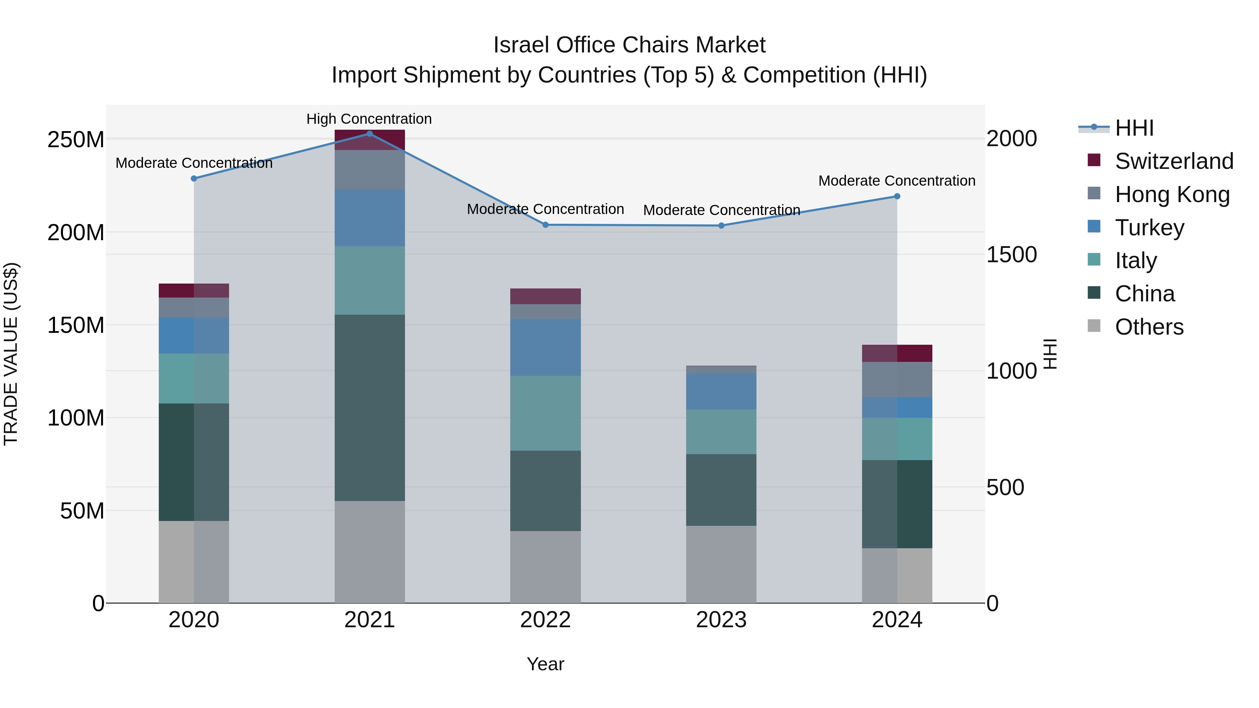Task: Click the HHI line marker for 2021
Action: click(370, 134)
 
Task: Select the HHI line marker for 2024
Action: click(897, 196)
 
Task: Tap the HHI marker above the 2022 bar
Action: click(546, 225)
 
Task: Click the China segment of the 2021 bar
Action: click(370, 408)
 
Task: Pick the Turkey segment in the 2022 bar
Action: click(546, 348)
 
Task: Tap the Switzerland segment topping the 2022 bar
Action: click(546, 296)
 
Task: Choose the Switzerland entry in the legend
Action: click(1173, 161)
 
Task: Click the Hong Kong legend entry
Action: click(1172, 194)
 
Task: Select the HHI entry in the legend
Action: click(1134, 128)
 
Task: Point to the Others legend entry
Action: click(1148, 327)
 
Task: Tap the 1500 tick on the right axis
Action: click(1011, 255)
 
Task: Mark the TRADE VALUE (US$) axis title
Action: click(11, 354)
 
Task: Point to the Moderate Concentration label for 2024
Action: click(896, 181)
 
